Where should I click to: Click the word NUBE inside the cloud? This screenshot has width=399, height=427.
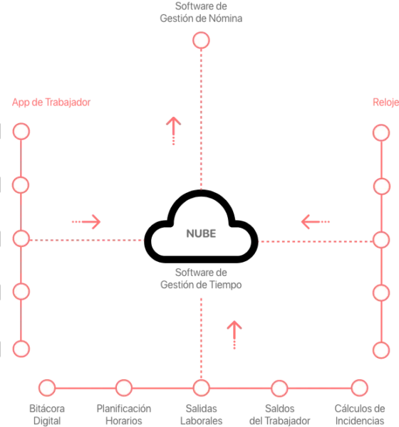(201, 233)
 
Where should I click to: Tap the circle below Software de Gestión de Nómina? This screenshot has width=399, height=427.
(201, 41)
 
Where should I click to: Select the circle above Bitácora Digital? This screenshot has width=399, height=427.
(47, 388)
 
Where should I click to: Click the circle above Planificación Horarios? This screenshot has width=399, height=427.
(124, 388)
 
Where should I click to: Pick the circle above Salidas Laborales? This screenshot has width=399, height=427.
(201, 388)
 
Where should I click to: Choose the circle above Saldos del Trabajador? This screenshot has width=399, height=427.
(279, 388)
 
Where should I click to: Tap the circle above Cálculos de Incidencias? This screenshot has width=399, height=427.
(359, 388)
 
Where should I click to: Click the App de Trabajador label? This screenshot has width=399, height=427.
(51, 102)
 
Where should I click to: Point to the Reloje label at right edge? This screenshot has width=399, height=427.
(385, 102)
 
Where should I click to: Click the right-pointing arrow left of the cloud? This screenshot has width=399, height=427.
(86, 221)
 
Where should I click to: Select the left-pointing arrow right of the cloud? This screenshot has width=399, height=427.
(315, 221)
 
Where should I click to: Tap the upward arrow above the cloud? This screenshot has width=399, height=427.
(173, 131)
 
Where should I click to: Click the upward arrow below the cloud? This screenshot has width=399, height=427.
(234, 334)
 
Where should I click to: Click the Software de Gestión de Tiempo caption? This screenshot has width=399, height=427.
(201, 278)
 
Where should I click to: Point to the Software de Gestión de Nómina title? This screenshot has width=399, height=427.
(201, 12)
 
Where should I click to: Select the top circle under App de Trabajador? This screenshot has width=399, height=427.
(21, 131)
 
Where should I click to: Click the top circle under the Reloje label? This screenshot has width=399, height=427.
(381, 132)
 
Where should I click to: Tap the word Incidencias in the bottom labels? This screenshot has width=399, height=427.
(360, 421)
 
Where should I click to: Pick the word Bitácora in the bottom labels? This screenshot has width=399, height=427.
(47, 408)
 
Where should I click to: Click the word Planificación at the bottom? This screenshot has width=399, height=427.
(124, 408)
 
